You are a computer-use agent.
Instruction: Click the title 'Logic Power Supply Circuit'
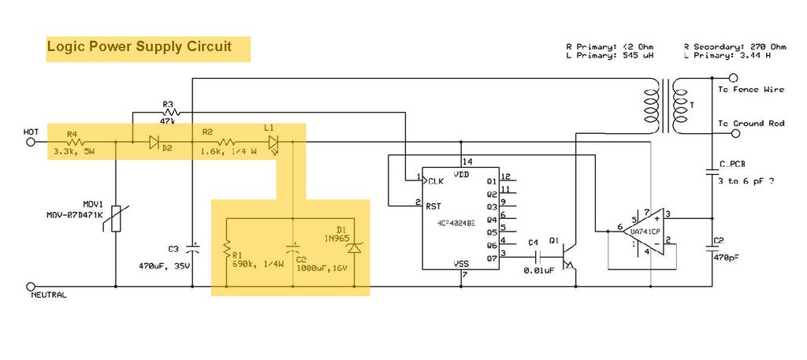click(139, 46)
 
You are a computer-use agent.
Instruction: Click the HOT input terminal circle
click(32, 143)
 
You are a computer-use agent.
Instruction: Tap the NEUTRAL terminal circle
click(32, 287)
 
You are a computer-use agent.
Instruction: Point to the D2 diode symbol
click(154, 143)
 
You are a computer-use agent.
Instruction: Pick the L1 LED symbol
click(273, 143)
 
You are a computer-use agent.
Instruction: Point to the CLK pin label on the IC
click(436, 180)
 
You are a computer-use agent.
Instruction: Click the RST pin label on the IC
click(433, 206)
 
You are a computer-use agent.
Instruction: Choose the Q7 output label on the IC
click(492, 256)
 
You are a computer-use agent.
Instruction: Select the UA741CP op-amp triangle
click(642, 232)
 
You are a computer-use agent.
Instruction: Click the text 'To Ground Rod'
click(751, 124)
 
